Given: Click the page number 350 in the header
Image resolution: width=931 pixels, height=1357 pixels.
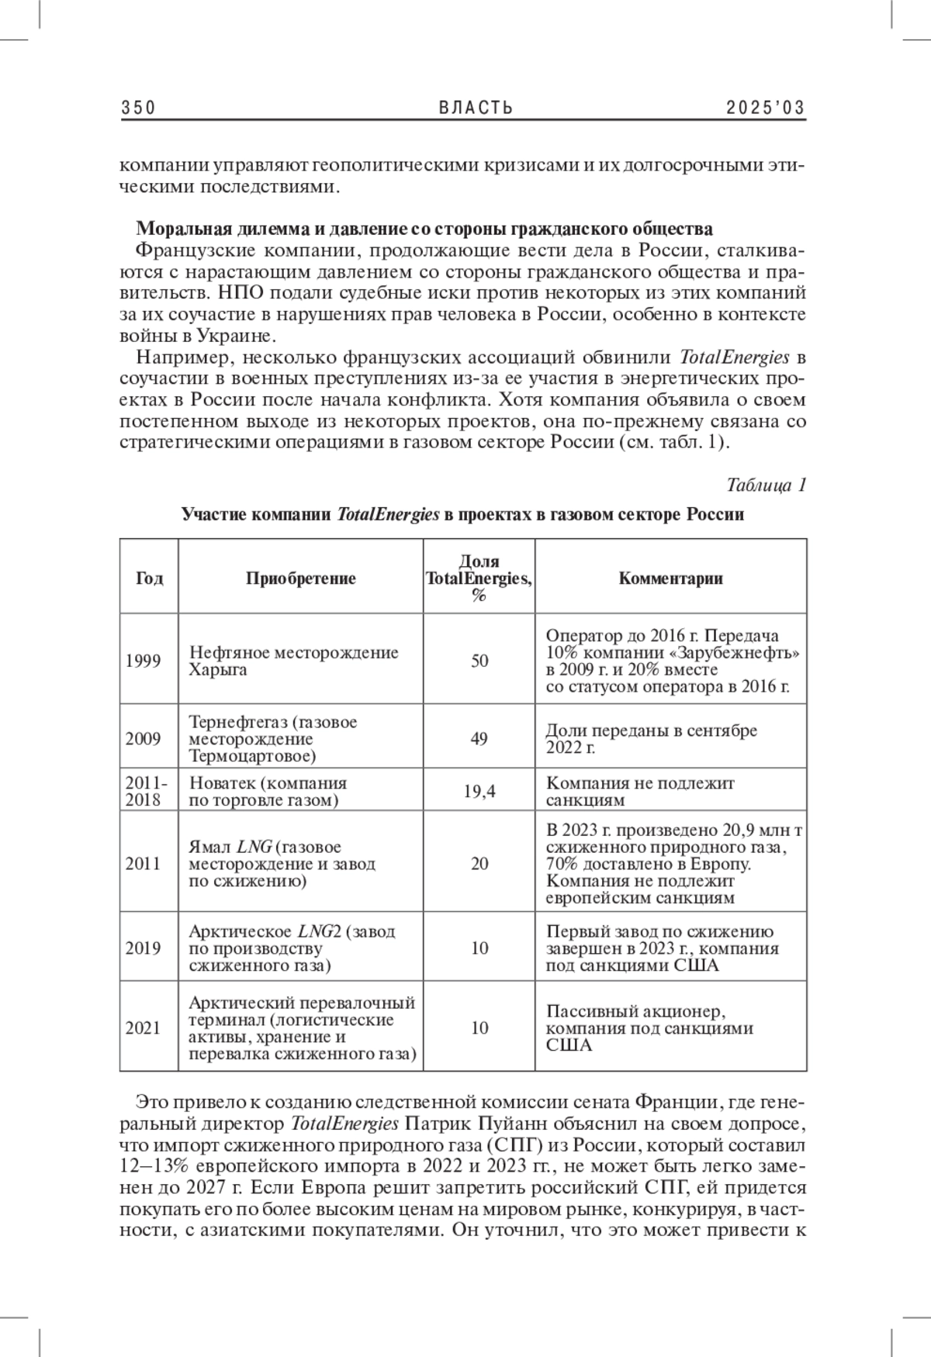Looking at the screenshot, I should click(x=139, y=108).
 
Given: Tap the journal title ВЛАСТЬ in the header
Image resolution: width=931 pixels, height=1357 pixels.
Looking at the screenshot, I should click(x=476, y=108).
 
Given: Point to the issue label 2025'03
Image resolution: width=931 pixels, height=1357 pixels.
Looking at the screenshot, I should click(x=766, y=108).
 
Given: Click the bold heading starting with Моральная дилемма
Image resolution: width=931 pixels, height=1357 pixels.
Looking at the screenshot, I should click(x=424, y=229).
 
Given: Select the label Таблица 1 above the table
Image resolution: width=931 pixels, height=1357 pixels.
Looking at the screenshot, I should click(x=767, y=485).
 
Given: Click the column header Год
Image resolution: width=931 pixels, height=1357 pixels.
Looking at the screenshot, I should click(x=149, y=578).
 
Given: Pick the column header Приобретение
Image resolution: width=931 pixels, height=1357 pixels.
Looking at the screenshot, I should click(x=301, y=578).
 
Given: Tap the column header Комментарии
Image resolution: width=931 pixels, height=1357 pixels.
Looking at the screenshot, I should click(x=670, y=578).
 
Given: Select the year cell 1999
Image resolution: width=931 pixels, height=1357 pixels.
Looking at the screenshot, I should click(x=144, y=661).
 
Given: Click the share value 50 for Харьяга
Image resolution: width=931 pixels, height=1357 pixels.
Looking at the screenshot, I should click(x=479, y=661).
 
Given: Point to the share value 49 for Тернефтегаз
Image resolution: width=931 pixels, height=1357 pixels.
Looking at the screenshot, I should click(x=479, y=738).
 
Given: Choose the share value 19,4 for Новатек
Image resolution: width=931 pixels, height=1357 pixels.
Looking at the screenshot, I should click(x=479, y=791).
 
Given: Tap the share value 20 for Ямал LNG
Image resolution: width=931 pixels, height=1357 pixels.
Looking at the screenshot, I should click(x=479, y=863).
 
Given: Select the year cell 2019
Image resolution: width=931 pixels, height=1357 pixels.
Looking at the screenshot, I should click(x=144, y=948).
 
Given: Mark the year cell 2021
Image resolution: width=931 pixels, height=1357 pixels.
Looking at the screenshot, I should click(x=144, y=1027).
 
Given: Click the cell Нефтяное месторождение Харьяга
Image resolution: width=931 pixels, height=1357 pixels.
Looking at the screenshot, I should click(x=293, y=661).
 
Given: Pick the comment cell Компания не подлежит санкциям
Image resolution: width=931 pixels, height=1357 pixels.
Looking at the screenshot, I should click(x=640, y=791).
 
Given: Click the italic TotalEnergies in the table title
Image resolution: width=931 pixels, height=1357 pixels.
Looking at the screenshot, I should click(x=389, y=514).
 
